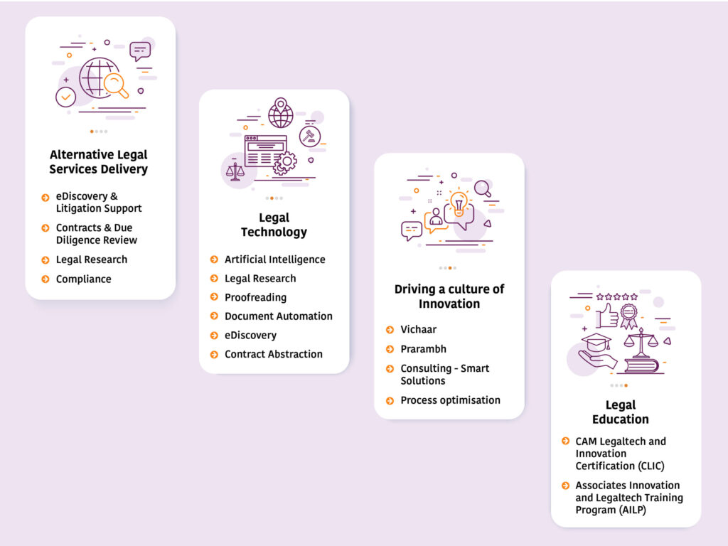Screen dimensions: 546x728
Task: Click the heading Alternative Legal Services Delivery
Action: pos(99,162)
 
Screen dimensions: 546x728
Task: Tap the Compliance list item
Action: pos(83,279)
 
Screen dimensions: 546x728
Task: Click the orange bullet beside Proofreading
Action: pos(214,297)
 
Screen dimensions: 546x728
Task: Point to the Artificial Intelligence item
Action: pos(274,259)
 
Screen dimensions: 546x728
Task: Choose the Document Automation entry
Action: pos(278,316)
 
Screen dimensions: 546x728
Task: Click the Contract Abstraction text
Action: pos(273,354)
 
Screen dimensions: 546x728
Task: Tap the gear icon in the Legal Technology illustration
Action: pos(285,162)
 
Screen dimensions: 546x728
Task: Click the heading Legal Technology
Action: pos(274,225)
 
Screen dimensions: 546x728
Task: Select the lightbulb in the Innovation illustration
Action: pos(459,202)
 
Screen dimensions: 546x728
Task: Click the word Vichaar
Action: pos(418,330)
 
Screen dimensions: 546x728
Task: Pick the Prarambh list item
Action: pos(423,349)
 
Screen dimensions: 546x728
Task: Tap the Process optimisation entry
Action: pos(450,400)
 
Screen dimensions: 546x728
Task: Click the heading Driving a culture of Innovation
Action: pos(449,296)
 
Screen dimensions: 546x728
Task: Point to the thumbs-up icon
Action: pos(607,314)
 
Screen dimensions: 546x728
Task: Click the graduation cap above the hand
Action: pos(596,341)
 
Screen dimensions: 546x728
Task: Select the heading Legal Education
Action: pos(620,412)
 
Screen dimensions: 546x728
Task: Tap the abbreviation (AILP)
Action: pos(628,510)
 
